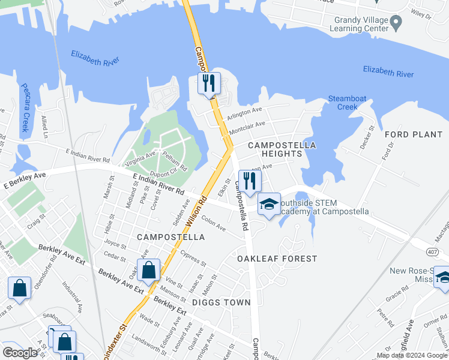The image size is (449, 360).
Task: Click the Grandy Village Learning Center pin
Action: pos(396,23)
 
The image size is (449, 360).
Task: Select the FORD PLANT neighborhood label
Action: pos(413,134)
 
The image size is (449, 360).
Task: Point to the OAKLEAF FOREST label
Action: pos(277,259)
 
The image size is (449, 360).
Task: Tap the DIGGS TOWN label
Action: pos(221,302)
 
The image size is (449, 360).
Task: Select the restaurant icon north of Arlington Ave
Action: pos(209,83)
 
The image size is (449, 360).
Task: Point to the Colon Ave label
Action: pos(213,223)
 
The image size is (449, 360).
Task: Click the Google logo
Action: pos(20,353)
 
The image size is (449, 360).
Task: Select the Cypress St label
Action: pos(193,259)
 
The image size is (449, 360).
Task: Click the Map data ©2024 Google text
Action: pos(412,355)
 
